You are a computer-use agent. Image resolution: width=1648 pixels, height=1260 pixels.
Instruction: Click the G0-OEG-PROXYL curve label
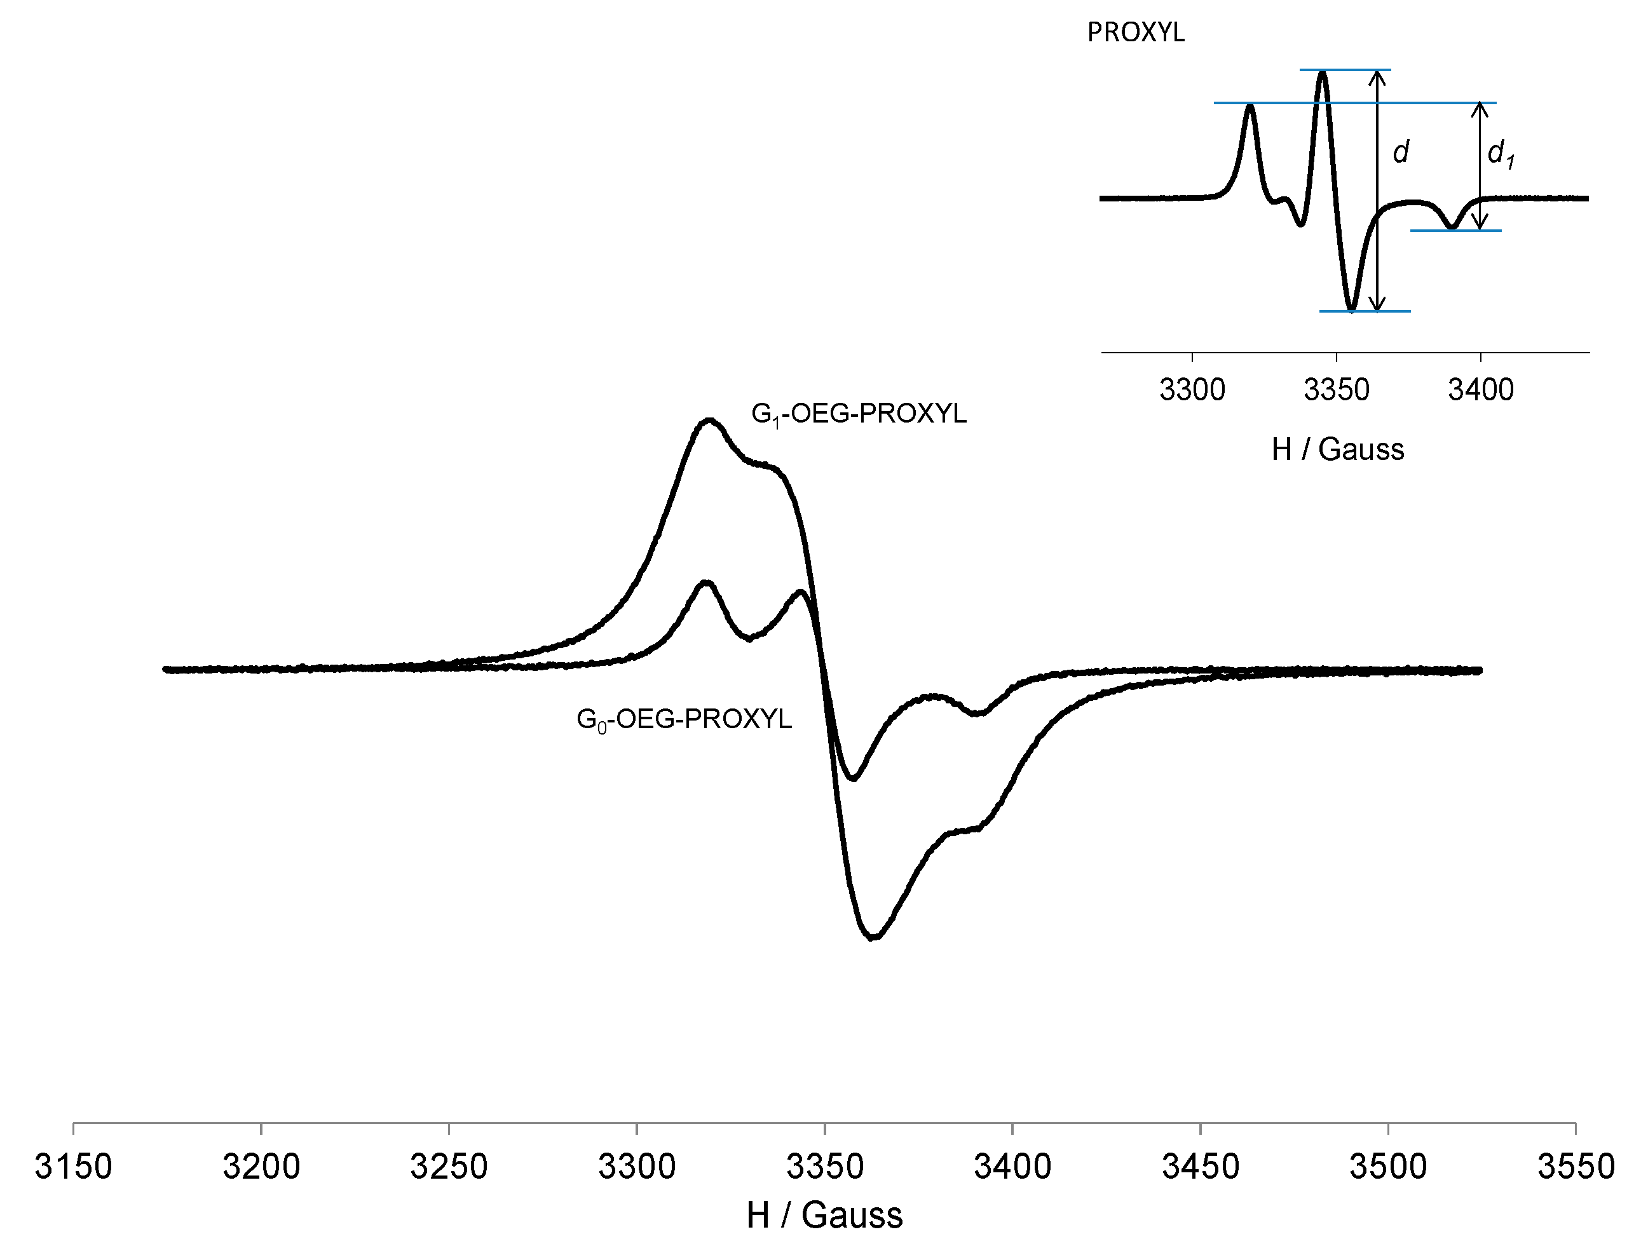pos(683,719)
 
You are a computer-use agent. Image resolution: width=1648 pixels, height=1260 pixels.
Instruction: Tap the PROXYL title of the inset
pos(1136,33)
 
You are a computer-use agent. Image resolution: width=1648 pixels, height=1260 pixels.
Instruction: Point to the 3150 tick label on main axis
pos(74,1167)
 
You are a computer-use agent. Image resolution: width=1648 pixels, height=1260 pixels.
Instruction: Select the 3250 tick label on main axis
pos(449,1167)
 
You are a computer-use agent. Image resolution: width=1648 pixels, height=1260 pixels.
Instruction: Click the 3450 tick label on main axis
pos(1200,1167)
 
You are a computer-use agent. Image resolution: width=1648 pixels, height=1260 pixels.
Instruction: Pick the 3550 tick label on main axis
pos(1576,1167)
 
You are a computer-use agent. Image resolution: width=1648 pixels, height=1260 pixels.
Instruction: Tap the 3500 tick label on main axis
pos(1387,1167)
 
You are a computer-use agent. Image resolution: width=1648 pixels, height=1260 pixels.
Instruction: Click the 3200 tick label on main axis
pos(261,1167)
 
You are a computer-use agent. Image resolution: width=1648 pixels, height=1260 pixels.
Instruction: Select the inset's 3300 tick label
pos(1192,390)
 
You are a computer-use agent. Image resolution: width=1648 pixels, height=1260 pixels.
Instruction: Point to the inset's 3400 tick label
pos(1480,390)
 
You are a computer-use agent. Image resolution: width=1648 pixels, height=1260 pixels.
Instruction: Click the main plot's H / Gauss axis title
pos(824,1216)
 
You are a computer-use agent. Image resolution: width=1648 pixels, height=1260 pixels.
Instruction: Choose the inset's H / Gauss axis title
pos(1337,449)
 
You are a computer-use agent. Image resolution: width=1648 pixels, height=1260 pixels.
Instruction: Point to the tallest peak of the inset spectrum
pos(1323,72)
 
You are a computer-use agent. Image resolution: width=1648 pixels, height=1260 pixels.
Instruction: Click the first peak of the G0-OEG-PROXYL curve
pos(705,582)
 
